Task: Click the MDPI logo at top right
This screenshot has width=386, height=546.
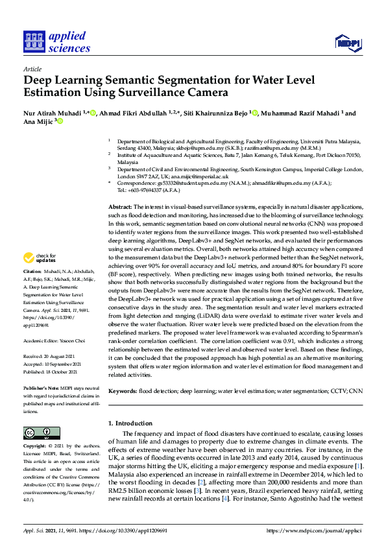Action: pyautogui.click(x=347, y=43)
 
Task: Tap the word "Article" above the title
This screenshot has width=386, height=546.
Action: pyautogui.click(x=32, y=69)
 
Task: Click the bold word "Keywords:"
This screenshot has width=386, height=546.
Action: pyautogui.click(x=123, y=391)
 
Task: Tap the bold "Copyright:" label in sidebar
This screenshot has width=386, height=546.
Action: pyautogui.click(x=35, y=447)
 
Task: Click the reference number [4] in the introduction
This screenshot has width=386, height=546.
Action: pyautogui.click(x=224, y=499)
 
